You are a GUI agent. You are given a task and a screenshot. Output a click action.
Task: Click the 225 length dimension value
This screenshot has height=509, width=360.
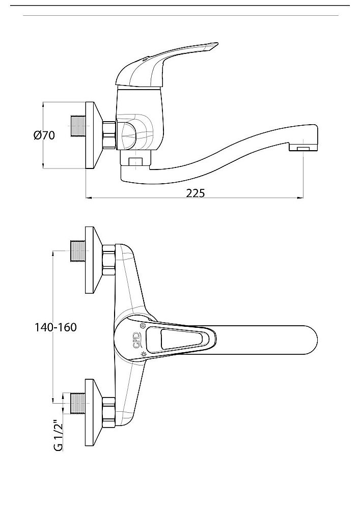195,193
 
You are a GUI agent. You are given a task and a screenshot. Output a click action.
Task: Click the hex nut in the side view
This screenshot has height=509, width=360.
109,135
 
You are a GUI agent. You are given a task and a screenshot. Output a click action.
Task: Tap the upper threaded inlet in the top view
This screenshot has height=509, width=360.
77,251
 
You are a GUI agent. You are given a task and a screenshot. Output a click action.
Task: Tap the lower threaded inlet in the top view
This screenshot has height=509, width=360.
77,403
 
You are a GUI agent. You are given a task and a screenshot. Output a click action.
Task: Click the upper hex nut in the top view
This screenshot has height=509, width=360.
109,259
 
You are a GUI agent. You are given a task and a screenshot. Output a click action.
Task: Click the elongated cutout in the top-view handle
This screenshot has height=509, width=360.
181,339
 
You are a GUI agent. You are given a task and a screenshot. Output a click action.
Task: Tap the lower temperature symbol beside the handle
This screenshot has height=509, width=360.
144,353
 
